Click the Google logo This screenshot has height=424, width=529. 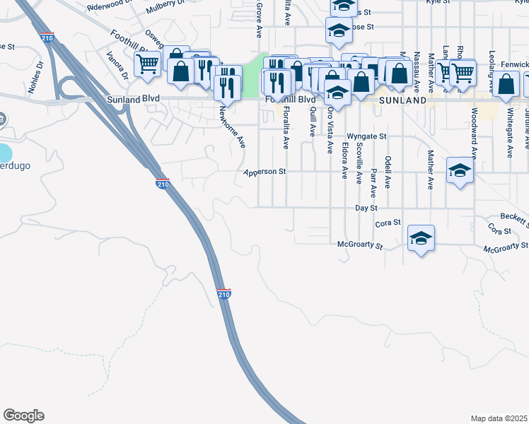click(x=23, y=416)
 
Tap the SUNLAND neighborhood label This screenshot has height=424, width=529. click(x=402, y=100)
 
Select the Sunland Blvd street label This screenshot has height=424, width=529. click(x=133, y=100)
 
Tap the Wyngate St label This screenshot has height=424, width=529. click(x=366, y=136)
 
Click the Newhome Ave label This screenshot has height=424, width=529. click(x=231, y=126)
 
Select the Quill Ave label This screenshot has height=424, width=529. click(x=312, y=122)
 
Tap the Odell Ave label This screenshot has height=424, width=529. click(x=388, y=172)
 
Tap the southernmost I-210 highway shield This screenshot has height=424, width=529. click(x=223, y=293)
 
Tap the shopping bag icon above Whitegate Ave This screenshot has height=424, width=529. click(x=506, y=84)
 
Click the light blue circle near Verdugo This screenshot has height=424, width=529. click(x=4, y=153)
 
